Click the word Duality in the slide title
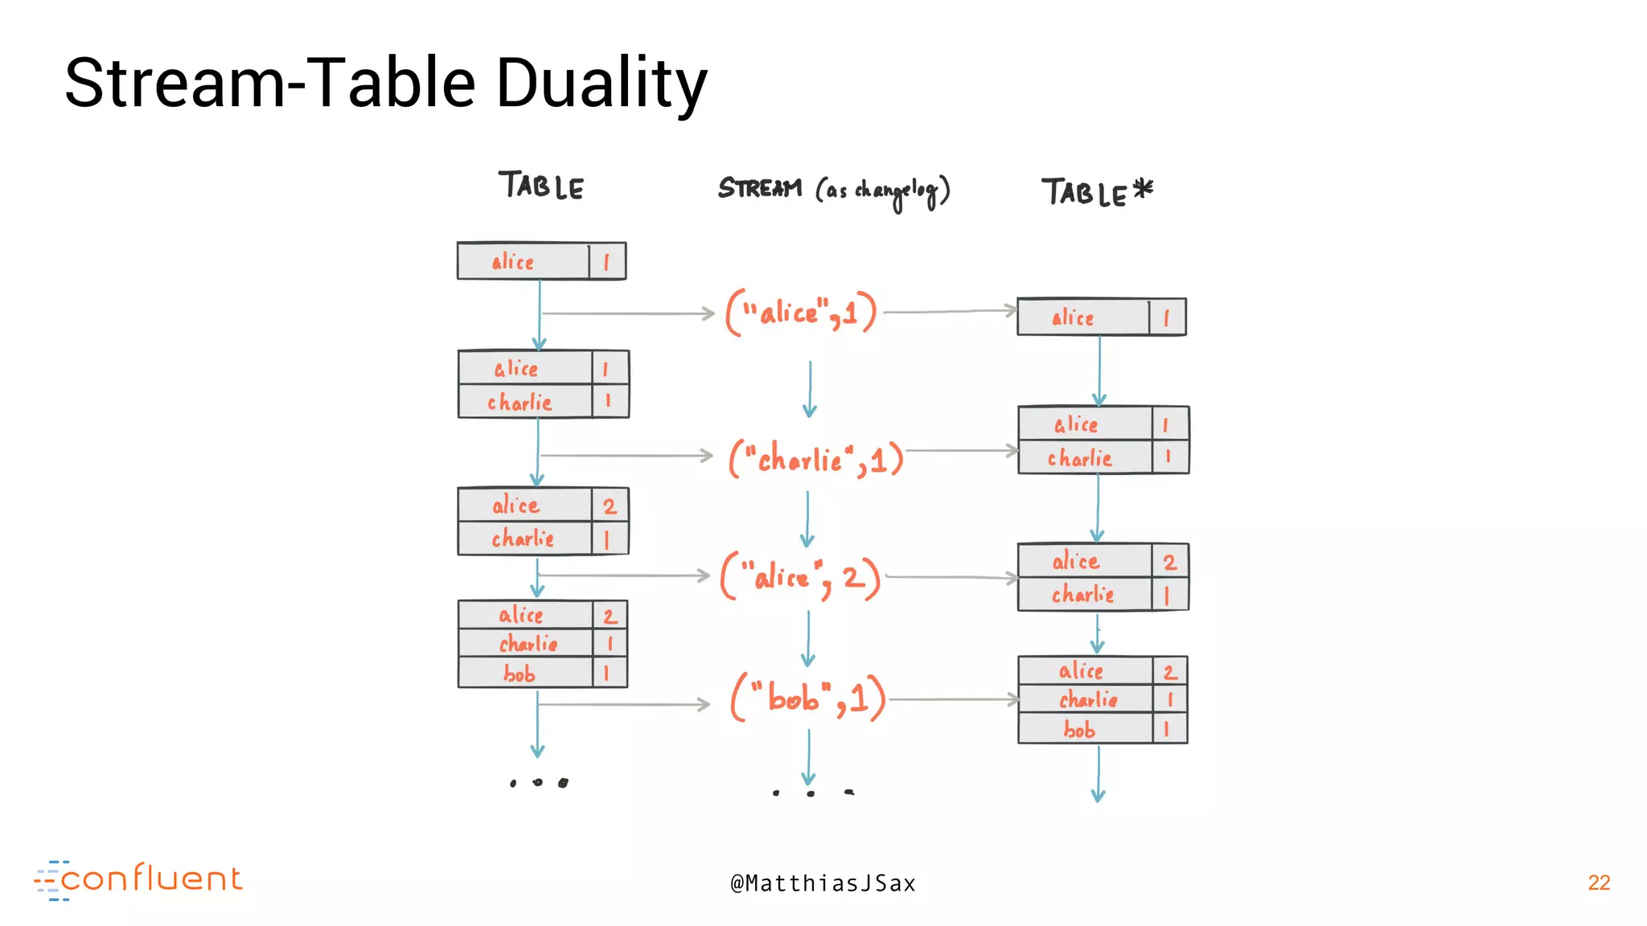(602, 84)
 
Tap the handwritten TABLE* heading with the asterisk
(1096, 192)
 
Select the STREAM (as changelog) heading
(834, 190)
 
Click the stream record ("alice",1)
(801, 312)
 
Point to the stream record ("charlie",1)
(816, 459)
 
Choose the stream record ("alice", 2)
(800, 576)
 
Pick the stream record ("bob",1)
(808, 697)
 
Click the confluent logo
(138, 880)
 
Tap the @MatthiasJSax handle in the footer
(823, 883)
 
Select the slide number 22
(1599, 883)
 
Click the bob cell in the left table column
(520, 674)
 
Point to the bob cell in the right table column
(1079, 729)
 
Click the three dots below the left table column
(538, 782)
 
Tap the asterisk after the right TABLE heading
(1143, 189)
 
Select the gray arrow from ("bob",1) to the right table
(953, 699)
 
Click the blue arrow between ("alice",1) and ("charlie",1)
(810, 389)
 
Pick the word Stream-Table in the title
(270, 84)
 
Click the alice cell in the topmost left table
(513, 262)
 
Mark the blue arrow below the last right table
(1099, 773)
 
